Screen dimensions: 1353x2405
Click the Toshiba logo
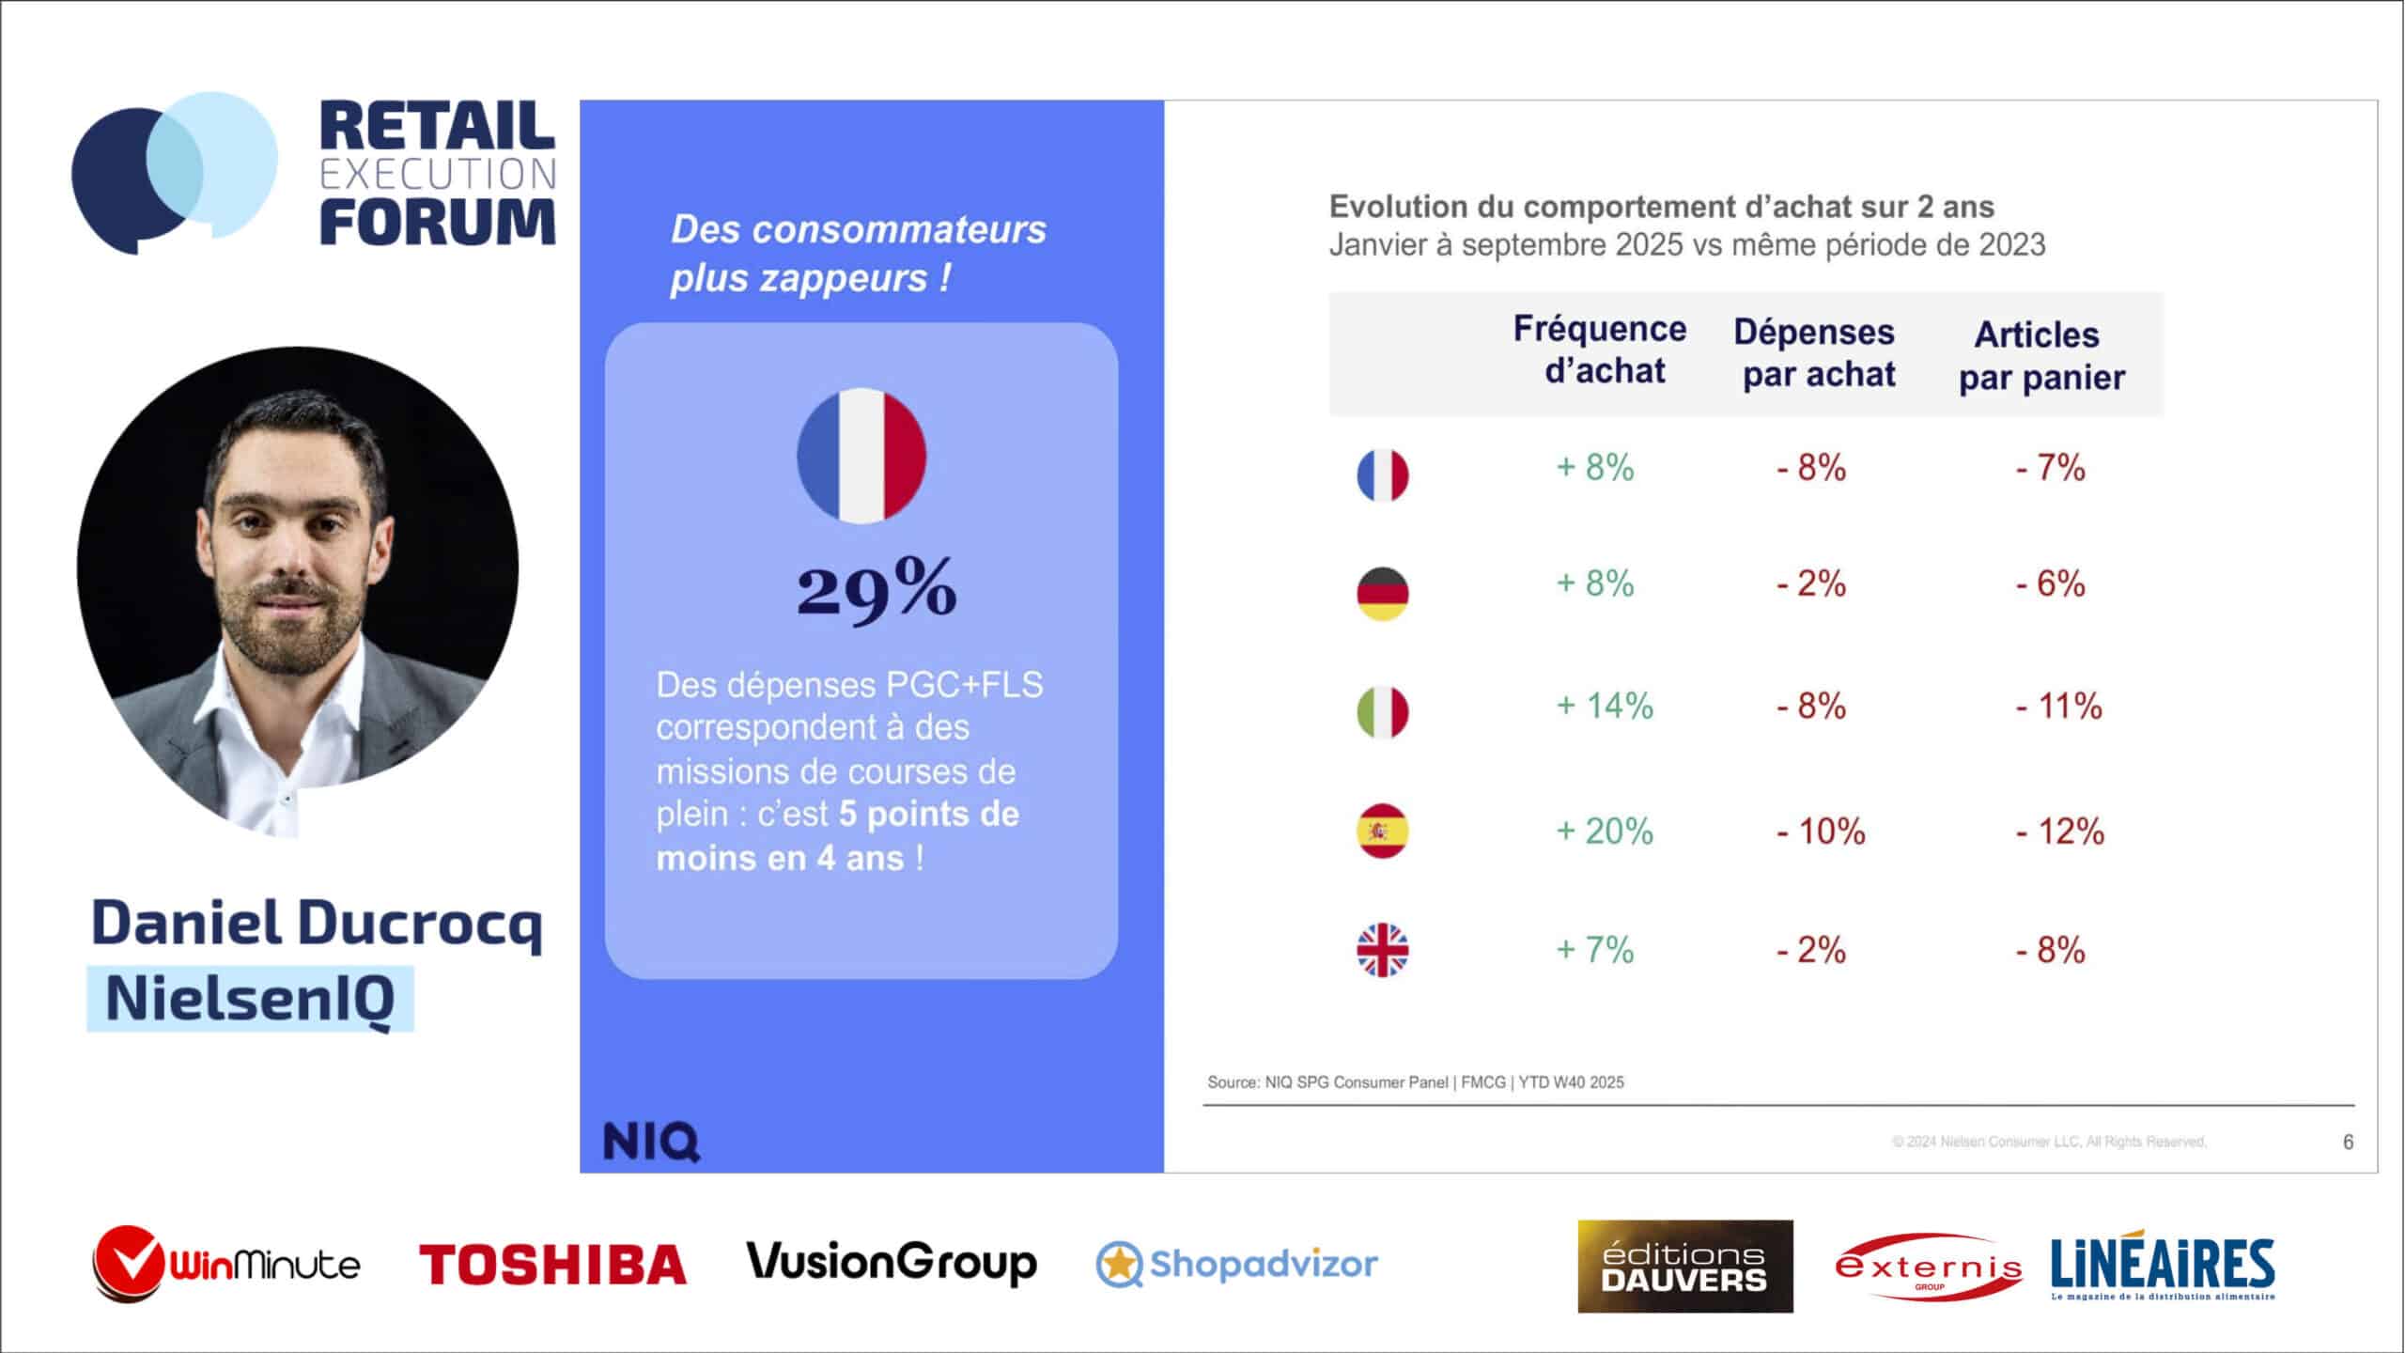(x=552, y=1264)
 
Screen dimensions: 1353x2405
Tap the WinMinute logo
(x=226, y=1264)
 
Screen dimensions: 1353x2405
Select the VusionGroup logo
(x=892, y=1263)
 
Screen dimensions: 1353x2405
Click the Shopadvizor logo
(x=1236, y=1264)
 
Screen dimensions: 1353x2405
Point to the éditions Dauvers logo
(x=1684, y=1266)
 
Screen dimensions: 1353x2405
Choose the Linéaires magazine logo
(x=2163, y=1266)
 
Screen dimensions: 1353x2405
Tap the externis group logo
(x=1928, y=1267)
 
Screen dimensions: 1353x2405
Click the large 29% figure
(x=877, y=589)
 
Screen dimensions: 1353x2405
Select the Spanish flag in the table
(x=1382, y=832)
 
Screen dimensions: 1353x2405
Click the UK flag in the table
(x=1382, y=950)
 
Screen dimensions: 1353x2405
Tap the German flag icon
(x=1382, y=594)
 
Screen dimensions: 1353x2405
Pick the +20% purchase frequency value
(x=1605, y=832)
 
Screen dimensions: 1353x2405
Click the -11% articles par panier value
(x=2058, y=707)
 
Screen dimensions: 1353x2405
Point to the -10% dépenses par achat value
(x=1820, y=832)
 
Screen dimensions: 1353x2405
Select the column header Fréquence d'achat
(x=1600, y=350)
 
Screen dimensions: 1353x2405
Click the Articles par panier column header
(x=2040, y=355)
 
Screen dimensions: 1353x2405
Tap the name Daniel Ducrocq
(x=317, y=924)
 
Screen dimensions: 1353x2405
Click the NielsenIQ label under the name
(x=250, y=999)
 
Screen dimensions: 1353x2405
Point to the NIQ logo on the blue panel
(x=651, y=1142)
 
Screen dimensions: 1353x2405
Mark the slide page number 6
(x=2348, y=1142)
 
